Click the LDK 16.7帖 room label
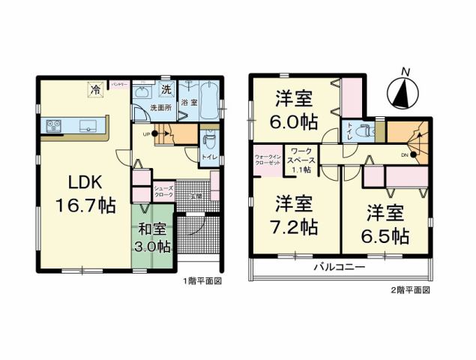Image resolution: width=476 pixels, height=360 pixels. pos(82,193)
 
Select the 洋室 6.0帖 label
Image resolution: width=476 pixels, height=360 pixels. pos(294,109)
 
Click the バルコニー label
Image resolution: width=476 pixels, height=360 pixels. pos(339,267)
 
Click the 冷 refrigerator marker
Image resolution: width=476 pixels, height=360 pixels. pos(95,90)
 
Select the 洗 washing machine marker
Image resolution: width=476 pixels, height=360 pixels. pos(166,90)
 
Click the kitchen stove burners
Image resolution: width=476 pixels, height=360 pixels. pos(55,126)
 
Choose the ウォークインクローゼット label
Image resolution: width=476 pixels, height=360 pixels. pos(268,159)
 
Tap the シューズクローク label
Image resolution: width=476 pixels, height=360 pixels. pos(163,191)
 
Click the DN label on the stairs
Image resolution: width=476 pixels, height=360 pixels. pos(405,154)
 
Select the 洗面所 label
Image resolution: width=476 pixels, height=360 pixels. pos(161,108)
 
